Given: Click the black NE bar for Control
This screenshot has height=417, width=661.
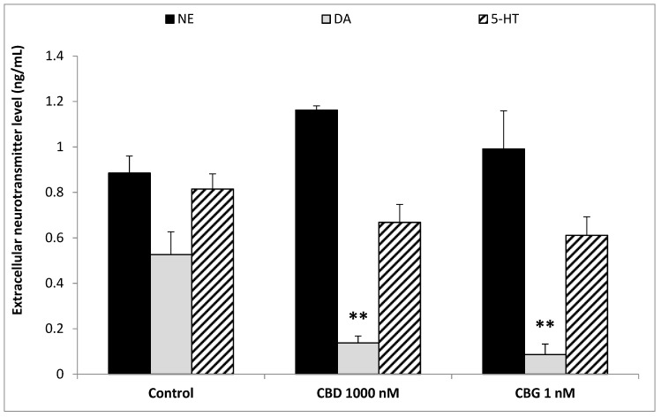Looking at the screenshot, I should [x=129, y=273].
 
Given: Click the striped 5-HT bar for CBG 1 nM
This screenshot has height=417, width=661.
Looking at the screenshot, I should [x=586, y=304].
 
